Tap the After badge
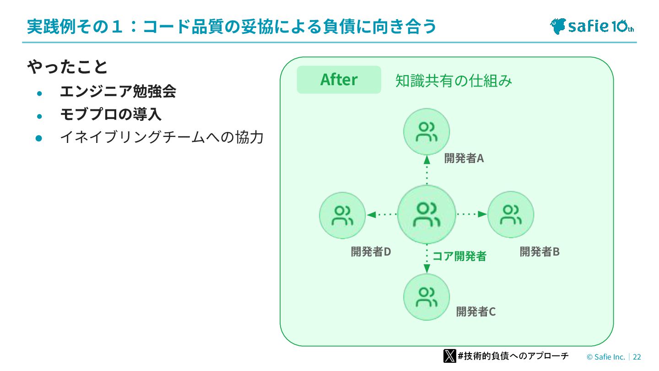point(339,80)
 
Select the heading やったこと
point(67,67)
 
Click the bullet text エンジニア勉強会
point(118,92)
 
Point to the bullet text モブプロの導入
point(110,115)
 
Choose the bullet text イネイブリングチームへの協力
point(162,137)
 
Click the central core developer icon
point(427,214)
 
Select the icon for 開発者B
point(511,214)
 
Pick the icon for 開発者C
point(427,297)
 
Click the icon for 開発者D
point(342,215)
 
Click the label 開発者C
point(476,312)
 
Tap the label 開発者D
point(371,252)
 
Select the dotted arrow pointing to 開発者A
point(427,169)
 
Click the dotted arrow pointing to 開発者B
point(472,214)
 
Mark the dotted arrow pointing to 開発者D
point(382,214)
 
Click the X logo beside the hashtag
point(449,356)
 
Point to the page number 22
point(637,357)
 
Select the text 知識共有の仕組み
point(454,81)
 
